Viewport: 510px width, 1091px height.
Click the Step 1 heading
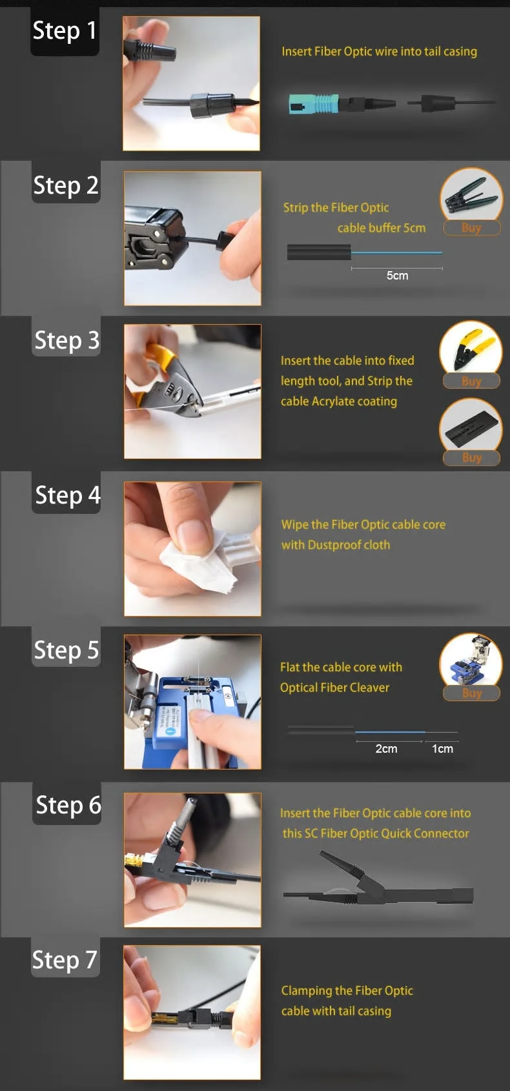[x=65, y=31]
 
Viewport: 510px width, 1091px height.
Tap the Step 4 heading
[x=68, y=495]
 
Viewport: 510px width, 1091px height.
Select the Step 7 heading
[x=65, y=960]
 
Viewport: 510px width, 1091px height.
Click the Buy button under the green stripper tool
[x=471, y=227]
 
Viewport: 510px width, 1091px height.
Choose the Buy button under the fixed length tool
[x=471, y=457]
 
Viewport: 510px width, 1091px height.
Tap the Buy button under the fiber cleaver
[x=471, y=693]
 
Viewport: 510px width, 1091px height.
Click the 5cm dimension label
[x=398, y=276]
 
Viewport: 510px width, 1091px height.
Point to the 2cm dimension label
[x=386, y=749]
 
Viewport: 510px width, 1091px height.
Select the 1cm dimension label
[x=442, y=749]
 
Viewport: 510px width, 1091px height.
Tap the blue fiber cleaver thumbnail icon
[x=471, y=660]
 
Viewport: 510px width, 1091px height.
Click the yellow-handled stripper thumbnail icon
[x=471, y=348]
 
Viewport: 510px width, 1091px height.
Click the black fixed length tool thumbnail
[x=471, y=425]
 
